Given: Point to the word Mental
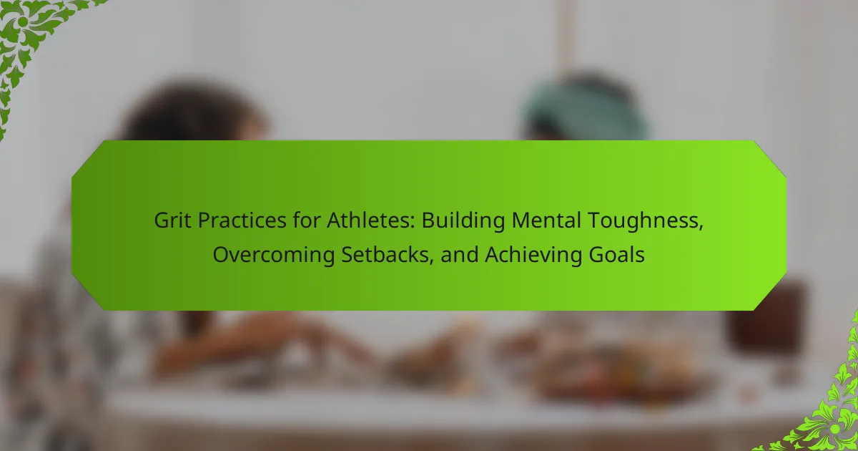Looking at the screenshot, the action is click(x=546, y=220).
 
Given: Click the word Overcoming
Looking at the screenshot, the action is click(x=274, y=256).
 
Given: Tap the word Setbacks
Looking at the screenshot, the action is click(x=385, y=255).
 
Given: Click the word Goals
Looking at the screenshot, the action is click(x=616, y=255).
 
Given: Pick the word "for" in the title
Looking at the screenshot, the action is click(x=307, y=220).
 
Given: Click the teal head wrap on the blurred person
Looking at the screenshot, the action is click(x=586, y=107).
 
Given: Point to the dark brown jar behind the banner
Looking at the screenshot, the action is click(x=766, y=319).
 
